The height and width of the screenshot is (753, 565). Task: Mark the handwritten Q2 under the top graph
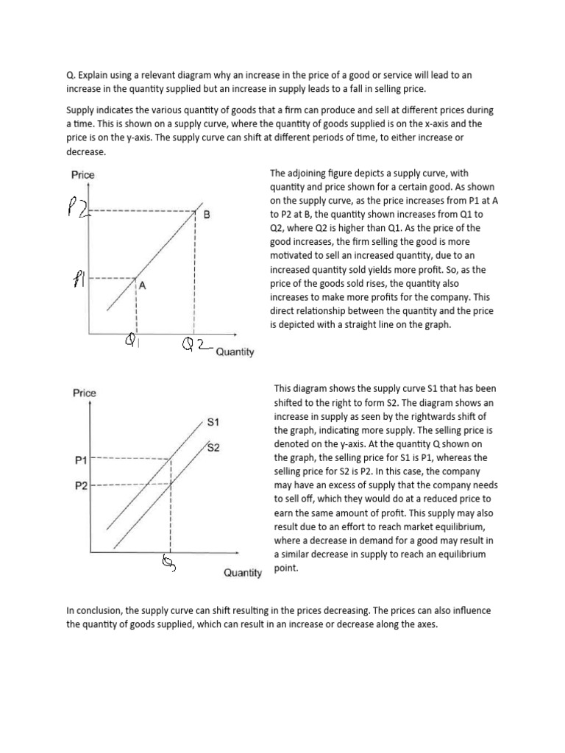(196, 344)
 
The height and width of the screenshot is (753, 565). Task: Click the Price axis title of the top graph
(82, 175)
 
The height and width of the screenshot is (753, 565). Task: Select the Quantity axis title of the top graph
(235, 352)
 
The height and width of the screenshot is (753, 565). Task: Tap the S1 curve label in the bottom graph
(213, 423)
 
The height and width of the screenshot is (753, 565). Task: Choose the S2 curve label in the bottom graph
(213, 447)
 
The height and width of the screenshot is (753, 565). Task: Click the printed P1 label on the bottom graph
(82, 460)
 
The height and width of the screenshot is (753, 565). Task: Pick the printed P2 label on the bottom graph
(82, 486)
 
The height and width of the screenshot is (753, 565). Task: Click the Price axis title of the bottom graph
(85, 393)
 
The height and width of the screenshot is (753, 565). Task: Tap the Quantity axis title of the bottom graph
(243, 573)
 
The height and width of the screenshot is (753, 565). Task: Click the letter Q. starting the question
(71, 75)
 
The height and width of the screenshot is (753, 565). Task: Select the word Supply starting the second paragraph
(81, 110)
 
